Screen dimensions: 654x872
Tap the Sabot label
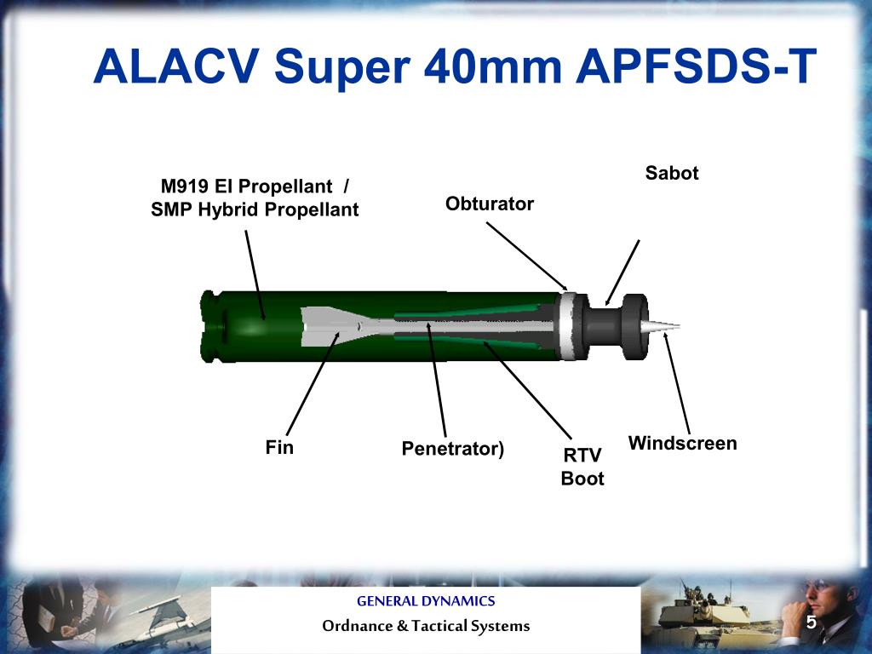click(x=672, y=173)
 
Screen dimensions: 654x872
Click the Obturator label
click(x=490, y=204)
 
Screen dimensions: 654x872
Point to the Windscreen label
click(x=682, y=443)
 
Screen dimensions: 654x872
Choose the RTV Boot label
click(x=582, y=468)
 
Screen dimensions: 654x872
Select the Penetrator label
click(x=453, y=448)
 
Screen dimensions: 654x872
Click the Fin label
click(x=279, y=447)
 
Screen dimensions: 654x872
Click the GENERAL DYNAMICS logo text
click(x=426, y=601)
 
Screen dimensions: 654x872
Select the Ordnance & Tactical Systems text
click(x=426, y=626)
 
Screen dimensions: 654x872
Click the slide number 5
click(x=812, y=622)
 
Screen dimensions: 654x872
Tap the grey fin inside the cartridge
click(x=324, y=327)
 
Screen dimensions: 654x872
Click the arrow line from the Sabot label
click(x=622, y=271)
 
